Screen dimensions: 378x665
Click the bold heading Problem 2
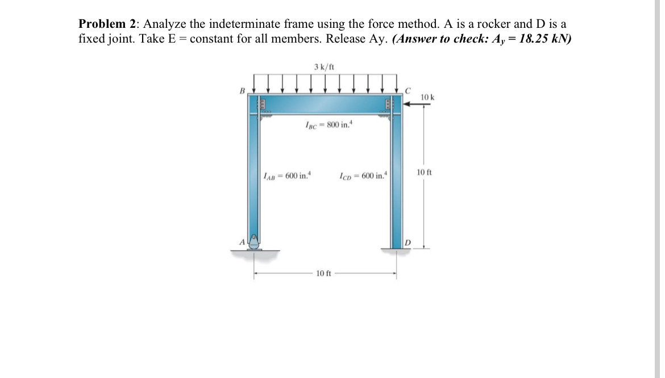[109, 24]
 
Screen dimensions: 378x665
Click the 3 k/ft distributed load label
[324, 67]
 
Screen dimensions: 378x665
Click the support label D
[408, 243]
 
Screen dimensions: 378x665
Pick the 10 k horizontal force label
[428, 98]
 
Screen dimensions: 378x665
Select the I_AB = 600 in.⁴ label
[289, 175]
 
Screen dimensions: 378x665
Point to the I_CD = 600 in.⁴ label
[363, 175]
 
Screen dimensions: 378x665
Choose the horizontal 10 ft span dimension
[323, 274]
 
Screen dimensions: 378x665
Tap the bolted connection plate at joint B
[262, 105]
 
